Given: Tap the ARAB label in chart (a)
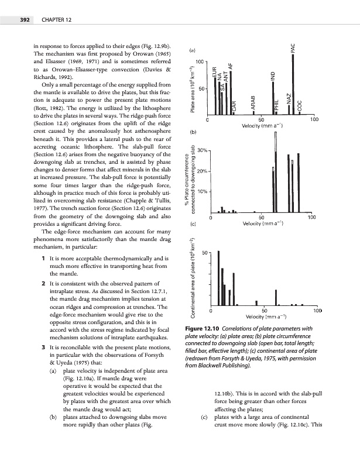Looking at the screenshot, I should (253, 101).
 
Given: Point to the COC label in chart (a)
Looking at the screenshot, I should (300, 106).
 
